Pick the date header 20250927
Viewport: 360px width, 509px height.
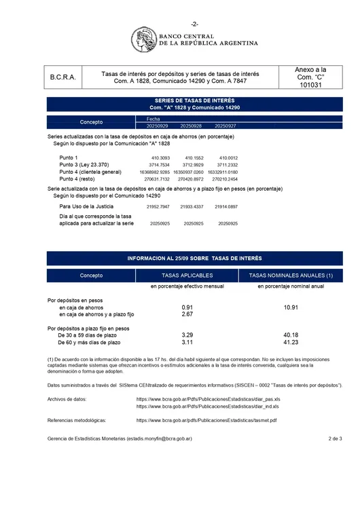tap(226, 126)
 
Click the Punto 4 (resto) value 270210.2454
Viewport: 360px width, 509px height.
tap(225, 179)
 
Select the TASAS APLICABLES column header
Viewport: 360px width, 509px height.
tap(187, 276)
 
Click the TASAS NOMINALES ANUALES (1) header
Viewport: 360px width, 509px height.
tap(291, 276)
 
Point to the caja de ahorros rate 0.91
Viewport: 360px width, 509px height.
tap(187, 307)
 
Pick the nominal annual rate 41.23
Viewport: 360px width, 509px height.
tap(291, 343)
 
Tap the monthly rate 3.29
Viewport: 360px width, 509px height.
tap(187, 335)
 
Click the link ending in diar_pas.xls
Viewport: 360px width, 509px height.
tap(207, 399)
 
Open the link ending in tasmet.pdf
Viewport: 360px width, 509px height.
tap(206, 421)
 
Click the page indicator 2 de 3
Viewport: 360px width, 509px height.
tap(334, 439)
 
